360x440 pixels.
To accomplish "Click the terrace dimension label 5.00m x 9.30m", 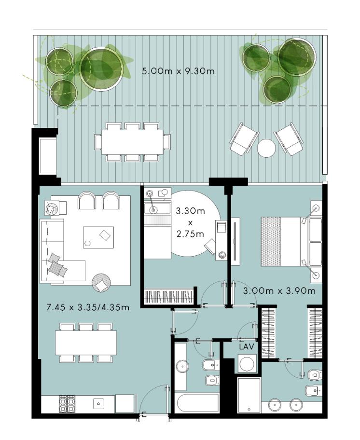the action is click(178, 71).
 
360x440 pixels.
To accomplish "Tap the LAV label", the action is click(247, 346).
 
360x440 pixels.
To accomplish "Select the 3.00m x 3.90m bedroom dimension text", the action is click(279, 291).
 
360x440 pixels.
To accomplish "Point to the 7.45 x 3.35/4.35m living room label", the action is click(88, 307).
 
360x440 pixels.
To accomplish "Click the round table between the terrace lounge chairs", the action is click(266, 148).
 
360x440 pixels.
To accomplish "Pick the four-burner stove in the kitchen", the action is click(67, 404).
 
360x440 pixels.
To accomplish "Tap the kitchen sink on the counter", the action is click(98, 404).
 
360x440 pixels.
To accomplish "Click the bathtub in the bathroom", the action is click(198, 403).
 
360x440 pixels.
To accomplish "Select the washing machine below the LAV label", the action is click(247, 364).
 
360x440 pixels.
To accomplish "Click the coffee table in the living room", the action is click(98, 237).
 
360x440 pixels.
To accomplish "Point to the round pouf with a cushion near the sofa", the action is click(101, 283).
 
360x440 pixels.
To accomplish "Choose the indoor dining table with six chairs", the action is click(86, 343).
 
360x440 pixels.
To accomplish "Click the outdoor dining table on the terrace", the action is click(132, 142).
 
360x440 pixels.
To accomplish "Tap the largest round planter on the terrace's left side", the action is click(101, 69).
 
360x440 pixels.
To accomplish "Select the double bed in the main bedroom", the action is click(291, 242).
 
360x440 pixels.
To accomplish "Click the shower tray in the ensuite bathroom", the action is click(249, 395).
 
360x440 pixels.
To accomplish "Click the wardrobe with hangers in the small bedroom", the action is click(169, 296).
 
